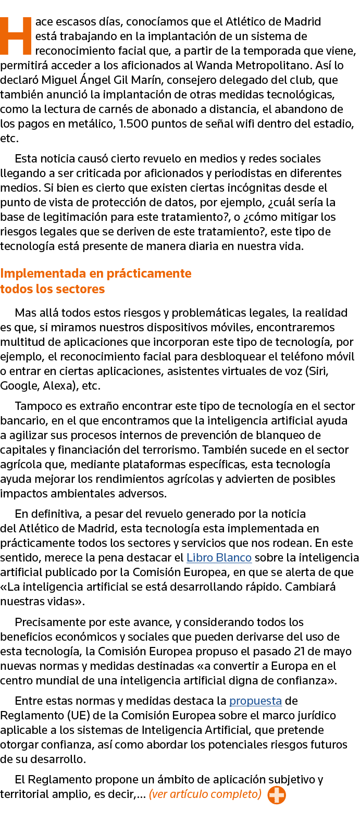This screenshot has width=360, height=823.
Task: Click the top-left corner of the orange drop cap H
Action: tap(1, 17)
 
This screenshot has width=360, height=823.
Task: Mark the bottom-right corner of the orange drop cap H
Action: tap(32, 54)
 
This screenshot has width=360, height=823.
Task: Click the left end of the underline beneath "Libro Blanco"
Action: tap(187, 563)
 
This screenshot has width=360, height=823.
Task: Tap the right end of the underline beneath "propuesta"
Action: tap(282, 706)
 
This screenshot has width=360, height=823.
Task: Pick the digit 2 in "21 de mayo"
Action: tap(297, 652)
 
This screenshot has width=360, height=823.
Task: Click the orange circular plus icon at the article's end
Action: tap(277, 795)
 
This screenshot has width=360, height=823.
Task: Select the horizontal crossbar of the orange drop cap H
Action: tap(16, 36)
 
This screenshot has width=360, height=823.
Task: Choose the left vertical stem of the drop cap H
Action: tap(4, 36)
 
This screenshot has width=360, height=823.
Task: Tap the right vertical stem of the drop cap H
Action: tap(27, 36)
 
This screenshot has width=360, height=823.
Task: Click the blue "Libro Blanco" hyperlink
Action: tap(219, 557)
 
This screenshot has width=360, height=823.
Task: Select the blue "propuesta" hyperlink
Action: tap(256, 701)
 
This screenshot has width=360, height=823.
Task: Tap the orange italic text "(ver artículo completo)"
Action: tap(205, 794)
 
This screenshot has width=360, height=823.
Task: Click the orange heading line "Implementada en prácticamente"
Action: tap(96, 273)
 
